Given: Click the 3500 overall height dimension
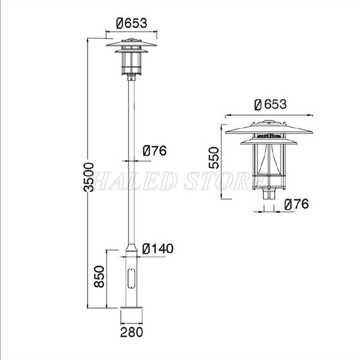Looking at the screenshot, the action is pyautogui.click(x=89, y=177).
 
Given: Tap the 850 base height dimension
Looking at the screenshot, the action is pyautogui.click(x=99, y=277).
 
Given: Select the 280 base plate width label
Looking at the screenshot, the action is pyautogui.click(x=131, y=332).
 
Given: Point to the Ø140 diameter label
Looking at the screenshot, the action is pyautogui.click(x=158, y=248).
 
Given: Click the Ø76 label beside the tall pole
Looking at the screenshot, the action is pyautogui.click(x=155, y=151).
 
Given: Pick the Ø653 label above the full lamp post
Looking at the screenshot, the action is pyautogui.click(x=131, y=23).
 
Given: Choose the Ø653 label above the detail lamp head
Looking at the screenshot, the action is pyautogui.click(x=271, y=104).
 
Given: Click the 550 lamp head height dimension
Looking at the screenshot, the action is pyautogui.click(x=214, y=158).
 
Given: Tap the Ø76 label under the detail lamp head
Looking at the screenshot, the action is pyautogui.click(x=296, y=204).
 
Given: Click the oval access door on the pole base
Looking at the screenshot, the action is pyautogui.click(x=131, y=278).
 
